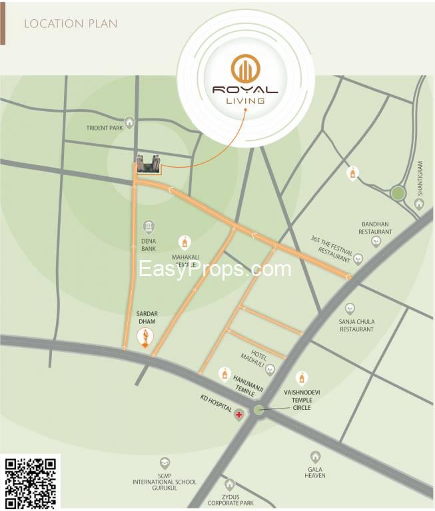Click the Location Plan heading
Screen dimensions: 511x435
tap(71, 24)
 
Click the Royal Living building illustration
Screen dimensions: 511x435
tap(149, 164)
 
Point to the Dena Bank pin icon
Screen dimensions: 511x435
tap(149, 227)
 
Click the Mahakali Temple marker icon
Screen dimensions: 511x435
tap(185, 242)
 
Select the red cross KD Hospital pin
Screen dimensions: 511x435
tap(238, 415)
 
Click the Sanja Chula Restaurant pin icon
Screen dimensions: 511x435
tap(350, 309)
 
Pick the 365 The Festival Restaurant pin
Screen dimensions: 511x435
tap(358, 258)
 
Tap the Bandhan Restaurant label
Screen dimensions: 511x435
tap(376, 228)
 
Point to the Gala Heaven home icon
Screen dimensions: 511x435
tap(314, 456)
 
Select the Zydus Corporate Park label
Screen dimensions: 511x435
tap(229, 501)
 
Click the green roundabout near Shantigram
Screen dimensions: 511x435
tap(398, 193)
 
